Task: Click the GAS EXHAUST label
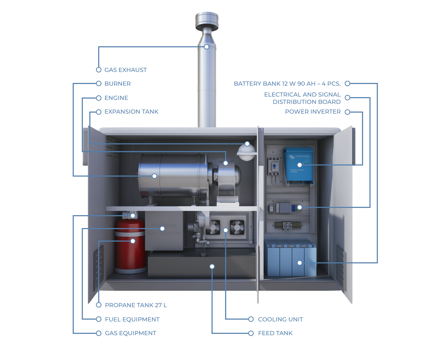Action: coord(125,70)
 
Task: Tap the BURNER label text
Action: coord(117,84)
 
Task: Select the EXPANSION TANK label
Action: coord(131,112)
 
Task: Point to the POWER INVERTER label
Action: coord(313,112)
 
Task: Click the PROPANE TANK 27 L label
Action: coord(136,305)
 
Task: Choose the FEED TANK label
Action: coord(275,333)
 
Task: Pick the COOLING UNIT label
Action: coord(280,320)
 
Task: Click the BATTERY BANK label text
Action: coord(287,84)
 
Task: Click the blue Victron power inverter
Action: coord(298,166)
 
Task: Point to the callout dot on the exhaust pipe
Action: coord(206,47)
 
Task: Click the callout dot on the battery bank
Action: coord(299,263)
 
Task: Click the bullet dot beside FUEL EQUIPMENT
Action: coord(99,319)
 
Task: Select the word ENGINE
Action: coord(116,98)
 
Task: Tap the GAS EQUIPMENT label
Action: coord(130,333)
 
